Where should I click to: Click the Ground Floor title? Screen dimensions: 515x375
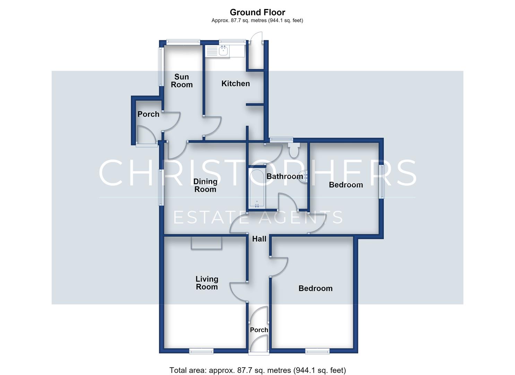click(257, 12)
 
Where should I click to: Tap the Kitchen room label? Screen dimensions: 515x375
click(235, 84)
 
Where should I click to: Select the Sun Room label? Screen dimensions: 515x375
click(182, 81)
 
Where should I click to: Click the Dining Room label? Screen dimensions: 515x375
click(205, 185)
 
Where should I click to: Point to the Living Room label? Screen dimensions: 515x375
click(207, 283)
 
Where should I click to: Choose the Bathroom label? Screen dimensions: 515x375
click(285, 177)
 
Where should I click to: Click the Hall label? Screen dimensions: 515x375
click(259, 239)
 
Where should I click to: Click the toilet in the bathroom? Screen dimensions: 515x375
click(294, 150)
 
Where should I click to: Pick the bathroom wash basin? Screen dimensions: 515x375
click(304, 177)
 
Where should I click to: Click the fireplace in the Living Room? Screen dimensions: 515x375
click(206, 243)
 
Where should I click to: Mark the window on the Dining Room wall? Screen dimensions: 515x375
click(162, 187)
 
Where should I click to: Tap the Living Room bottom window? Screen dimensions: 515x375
click(201, 351)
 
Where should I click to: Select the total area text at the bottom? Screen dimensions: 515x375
click(257, 370)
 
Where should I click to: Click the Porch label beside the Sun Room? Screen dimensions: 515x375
click(148, 114)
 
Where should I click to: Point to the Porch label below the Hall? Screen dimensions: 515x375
click(259, 330)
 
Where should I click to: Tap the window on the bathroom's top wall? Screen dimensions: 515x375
click(281, 139)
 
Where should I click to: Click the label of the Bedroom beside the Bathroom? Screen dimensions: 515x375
click(346, 185)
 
